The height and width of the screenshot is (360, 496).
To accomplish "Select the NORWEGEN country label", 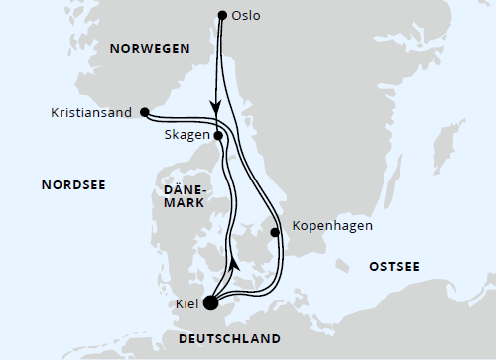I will tap(150, 48).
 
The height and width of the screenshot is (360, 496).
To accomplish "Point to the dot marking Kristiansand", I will tap(145, 111).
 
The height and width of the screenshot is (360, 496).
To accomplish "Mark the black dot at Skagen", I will tap(217, 136).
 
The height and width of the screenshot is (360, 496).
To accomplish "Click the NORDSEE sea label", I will tap(73, 184).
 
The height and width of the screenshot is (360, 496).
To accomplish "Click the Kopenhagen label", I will tap(332, 226).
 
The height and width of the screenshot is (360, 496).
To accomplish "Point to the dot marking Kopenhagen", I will tap(275, 234).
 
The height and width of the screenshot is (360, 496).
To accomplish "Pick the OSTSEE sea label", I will tap(394, 268).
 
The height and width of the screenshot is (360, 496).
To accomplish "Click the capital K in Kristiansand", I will tap(54, 112).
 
